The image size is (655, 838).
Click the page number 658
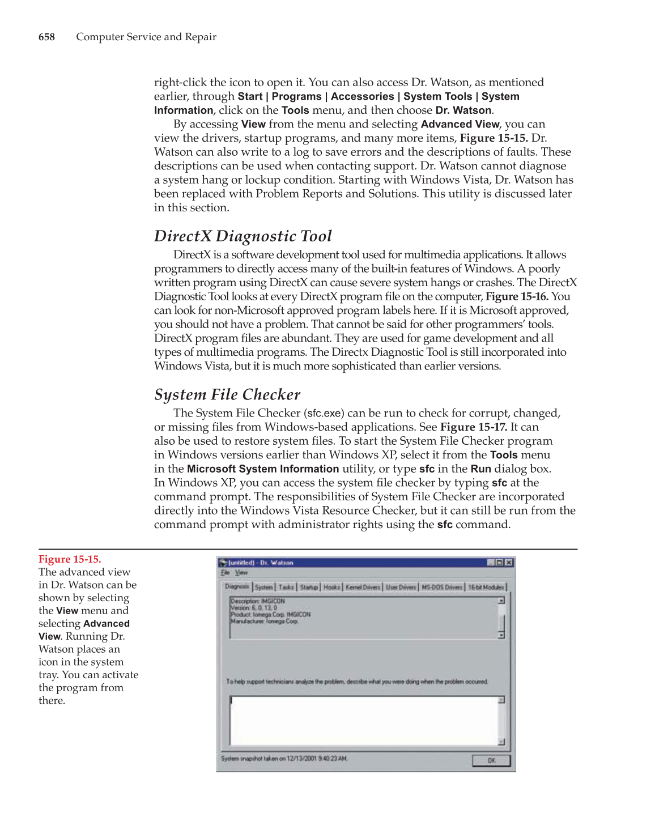[x=46, y=37]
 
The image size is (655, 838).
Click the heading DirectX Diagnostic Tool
[x=243, y=236]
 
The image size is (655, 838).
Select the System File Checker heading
[x=227, y=395]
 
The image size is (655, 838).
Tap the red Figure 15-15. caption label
[x=70, y=559]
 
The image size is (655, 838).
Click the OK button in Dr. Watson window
[x=491, y=760]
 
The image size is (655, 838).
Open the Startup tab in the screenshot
[x=309, y=587]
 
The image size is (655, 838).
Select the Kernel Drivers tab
[x=363, y=587]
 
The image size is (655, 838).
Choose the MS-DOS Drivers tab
[x=442, y=587]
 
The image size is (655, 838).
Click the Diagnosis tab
[x=237, y=586]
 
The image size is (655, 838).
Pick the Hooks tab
[x=331, y=587]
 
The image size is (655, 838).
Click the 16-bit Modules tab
[x=486, y=587]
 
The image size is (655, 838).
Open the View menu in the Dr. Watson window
[x=241, y=573]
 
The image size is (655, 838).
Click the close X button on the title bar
[x=509, y=563]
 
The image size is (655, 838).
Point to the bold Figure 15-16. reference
[x=517, y=296]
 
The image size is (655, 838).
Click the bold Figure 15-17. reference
[x=473, y=427]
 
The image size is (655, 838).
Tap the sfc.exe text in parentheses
[x=324, y=414]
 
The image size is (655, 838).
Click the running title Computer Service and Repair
[x=146, y=37]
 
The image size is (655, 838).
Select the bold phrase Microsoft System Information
[x=263, y=469]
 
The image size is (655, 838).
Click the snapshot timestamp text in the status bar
[x=284, y=759]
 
